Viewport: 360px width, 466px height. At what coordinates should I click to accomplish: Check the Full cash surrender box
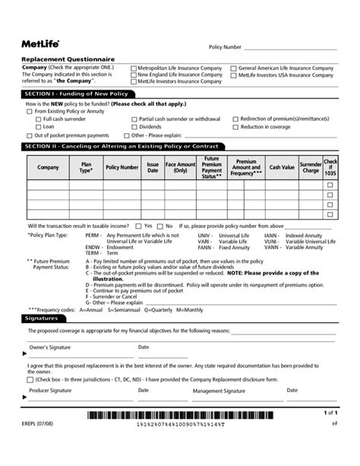39,119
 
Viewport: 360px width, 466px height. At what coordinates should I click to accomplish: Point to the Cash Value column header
282,167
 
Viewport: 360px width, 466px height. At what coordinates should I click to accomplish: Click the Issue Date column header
153,167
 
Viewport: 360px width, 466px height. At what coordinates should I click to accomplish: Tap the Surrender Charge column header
311,167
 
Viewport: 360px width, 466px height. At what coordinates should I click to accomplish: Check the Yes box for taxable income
138,226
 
